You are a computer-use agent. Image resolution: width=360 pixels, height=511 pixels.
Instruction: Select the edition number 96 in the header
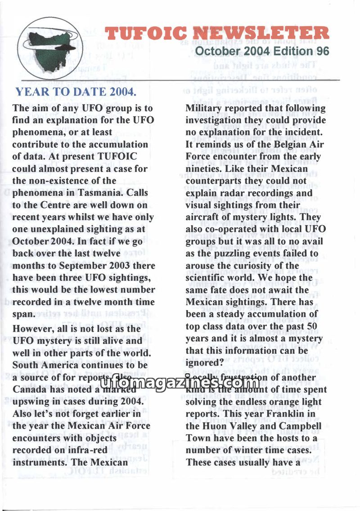(322, 51)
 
